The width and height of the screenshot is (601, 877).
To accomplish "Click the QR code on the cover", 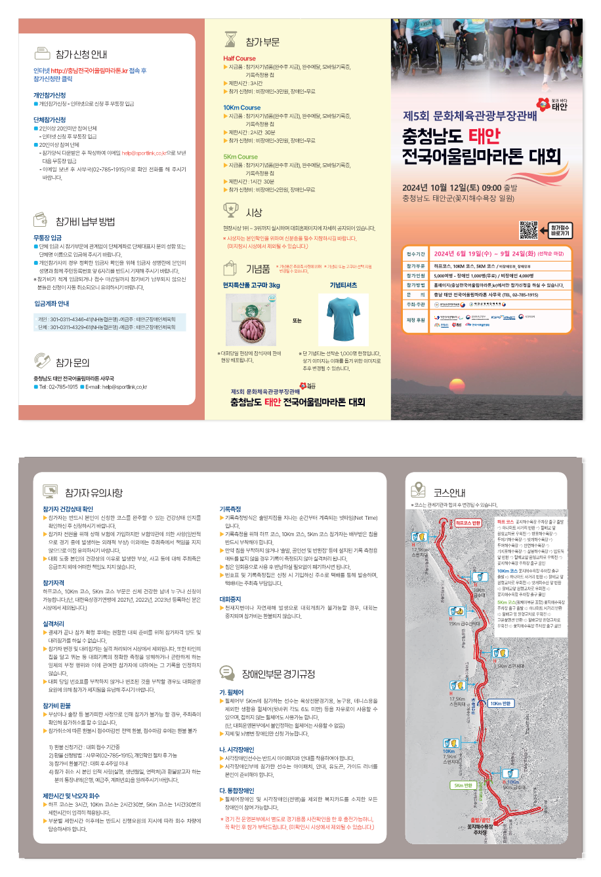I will (528, 230).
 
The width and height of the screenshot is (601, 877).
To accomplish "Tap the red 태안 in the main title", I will (484, 136).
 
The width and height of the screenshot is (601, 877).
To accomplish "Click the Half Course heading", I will (239, 58).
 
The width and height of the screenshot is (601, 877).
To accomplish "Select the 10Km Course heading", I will (241, 107).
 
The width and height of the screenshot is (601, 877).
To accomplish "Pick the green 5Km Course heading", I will (240, 157).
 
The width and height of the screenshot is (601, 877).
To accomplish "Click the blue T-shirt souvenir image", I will (343, 320).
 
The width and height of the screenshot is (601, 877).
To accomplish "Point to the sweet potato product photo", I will (251, 321).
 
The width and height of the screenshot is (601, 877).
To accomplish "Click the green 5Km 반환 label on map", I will (463, 785).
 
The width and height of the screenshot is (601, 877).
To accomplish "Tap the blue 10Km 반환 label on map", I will (500, 703).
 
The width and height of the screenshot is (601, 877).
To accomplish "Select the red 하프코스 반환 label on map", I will (468, 523).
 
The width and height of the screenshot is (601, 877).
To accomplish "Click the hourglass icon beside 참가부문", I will (230, 40).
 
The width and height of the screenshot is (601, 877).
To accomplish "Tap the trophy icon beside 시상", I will (231, 210).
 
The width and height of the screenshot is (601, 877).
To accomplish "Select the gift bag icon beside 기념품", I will (231, 267).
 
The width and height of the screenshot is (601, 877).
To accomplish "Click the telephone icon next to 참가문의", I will (43, 361).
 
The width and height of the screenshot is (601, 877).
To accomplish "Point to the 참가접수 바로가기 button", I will (560, 230).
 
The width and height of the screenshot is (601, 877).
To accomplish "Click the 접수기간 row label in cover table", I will (416, 254).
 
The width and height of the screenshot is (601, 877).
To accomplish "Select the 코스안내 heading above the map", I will (449, 492).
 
